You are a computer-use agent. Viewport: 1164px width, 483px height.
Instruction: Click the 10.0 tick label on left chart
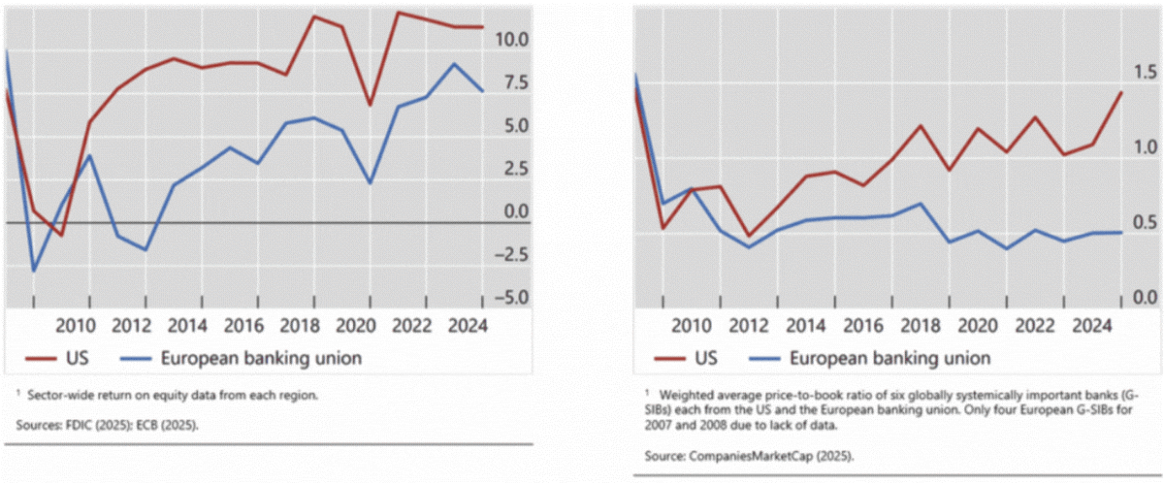pos(510,40)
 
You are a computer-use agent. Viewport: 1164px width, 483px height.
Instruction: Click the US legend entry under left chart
pos(68,358)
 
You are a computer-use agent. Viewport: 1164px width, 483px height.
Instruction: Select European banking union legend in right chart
pos(889,358)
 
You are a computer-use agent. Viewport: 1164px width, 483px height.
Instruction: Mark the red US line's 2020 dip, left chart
pos(370,105)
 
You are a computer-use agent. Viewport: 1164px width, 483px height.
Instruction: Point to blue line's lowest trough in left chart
pos(34,272)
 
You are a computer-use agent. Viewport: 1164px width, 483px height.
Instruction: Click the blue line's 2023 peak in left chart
pos(454,64)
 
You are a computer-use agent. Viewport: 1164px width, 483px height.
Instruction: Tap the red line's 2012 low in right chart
pos(747,236)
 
